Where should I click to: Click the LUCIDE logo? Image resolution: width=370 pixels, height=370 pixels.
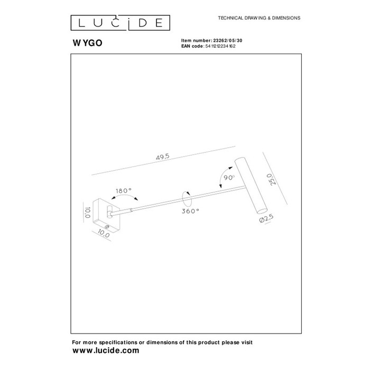[x=121, y=23]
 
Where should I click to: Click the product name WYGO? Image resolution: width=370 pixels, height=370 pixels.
[x=87, y=43]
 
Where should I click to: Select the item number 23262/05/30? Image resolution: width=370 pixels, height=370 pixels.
[x=228, y=41]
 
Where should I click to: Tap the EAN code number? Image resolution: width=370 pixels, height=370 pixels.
[x=220, y=47]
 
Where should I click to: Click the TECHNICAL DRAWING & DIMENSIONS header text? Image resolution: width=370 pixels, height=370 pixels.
[x=259, y=18]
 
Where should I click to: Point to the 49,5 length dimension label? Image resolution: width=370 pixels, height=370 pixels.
[x=163, y=156]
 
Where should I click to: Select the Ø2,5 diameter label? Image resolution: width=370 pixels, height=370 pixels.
[x=266, y=218]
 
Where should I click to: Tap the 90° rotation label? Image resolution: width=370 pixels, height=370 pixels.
[x=229, y=178]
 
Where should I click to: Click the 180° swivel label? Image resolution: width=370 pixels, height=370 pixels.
[x=123, y=191]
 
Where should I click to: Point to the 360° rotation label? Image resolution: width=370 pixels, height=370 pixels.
[x=190, y=211]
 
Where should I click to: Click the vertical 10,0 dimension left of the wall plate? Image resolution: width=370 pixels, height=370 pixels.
[x=87, y=212]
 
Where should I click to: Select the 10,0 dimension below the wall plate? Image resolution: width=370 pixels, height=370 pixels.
[x=104, y=234]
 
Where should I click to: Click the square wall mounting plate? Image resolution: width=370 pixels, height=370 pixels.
[x=107, y=216]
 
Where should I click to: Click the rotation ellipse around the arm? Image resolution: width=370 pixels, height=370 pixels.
[x=187, y=199]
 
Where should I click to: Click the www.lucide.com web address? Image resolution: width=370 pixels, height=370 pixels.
[x=106, y=350]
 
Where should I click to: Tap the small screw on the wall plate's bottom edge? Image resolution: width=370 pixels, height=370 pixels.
[x=107, y=227]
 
